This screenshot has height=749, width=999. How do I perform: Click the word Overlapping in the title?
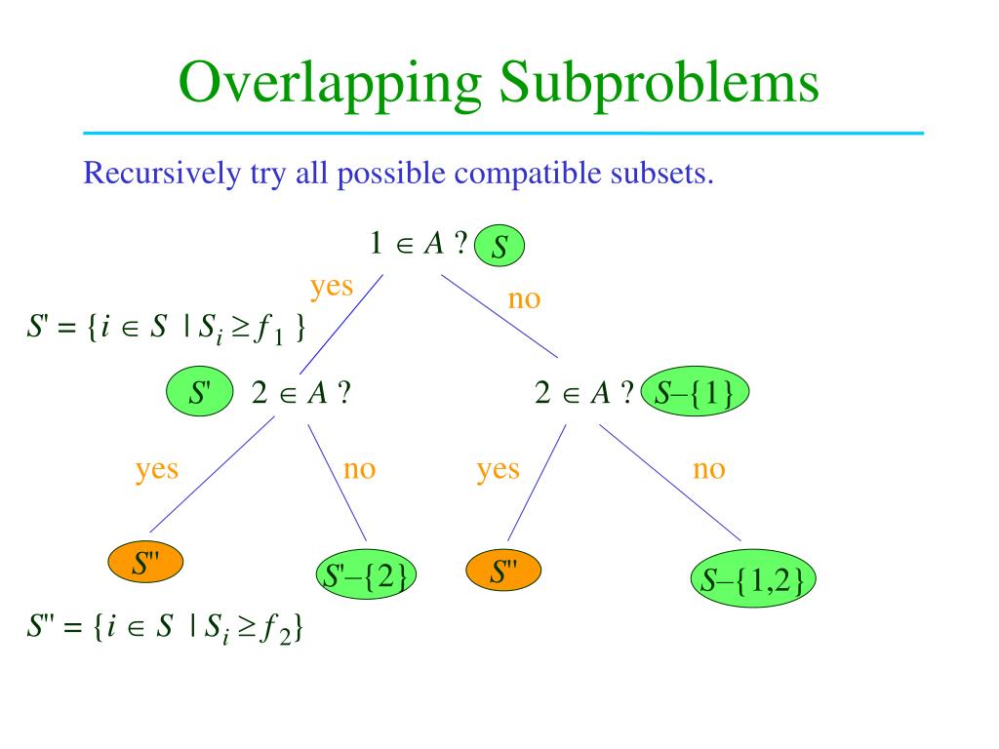[x=332, y=82]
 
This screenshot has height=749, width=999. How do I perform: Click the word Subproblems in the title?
[x=659, y=82]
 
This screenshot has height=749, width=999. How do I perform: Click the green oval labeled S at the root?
[x=499, y=246]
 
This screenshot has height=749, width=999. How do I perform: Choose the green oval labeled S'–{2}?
[x=366, y=576]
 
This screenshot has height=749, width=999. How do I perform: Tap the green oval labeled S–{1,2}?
[x=753, y=581]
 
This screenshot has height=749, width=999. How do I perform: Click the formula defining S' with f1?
[x=166, y=330]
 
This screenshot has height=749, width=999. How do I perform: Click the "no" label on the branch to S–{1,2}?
[x=709, y=469]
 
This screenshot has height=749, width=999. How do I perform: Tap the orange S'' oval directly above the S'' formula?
[x=146, y=563]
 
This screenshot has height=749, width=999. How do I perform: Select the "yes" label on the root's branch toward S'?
[x=332, y=286]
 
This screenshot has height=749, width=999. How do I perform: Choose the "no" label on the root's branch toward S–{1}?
[x=524, y=298]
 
